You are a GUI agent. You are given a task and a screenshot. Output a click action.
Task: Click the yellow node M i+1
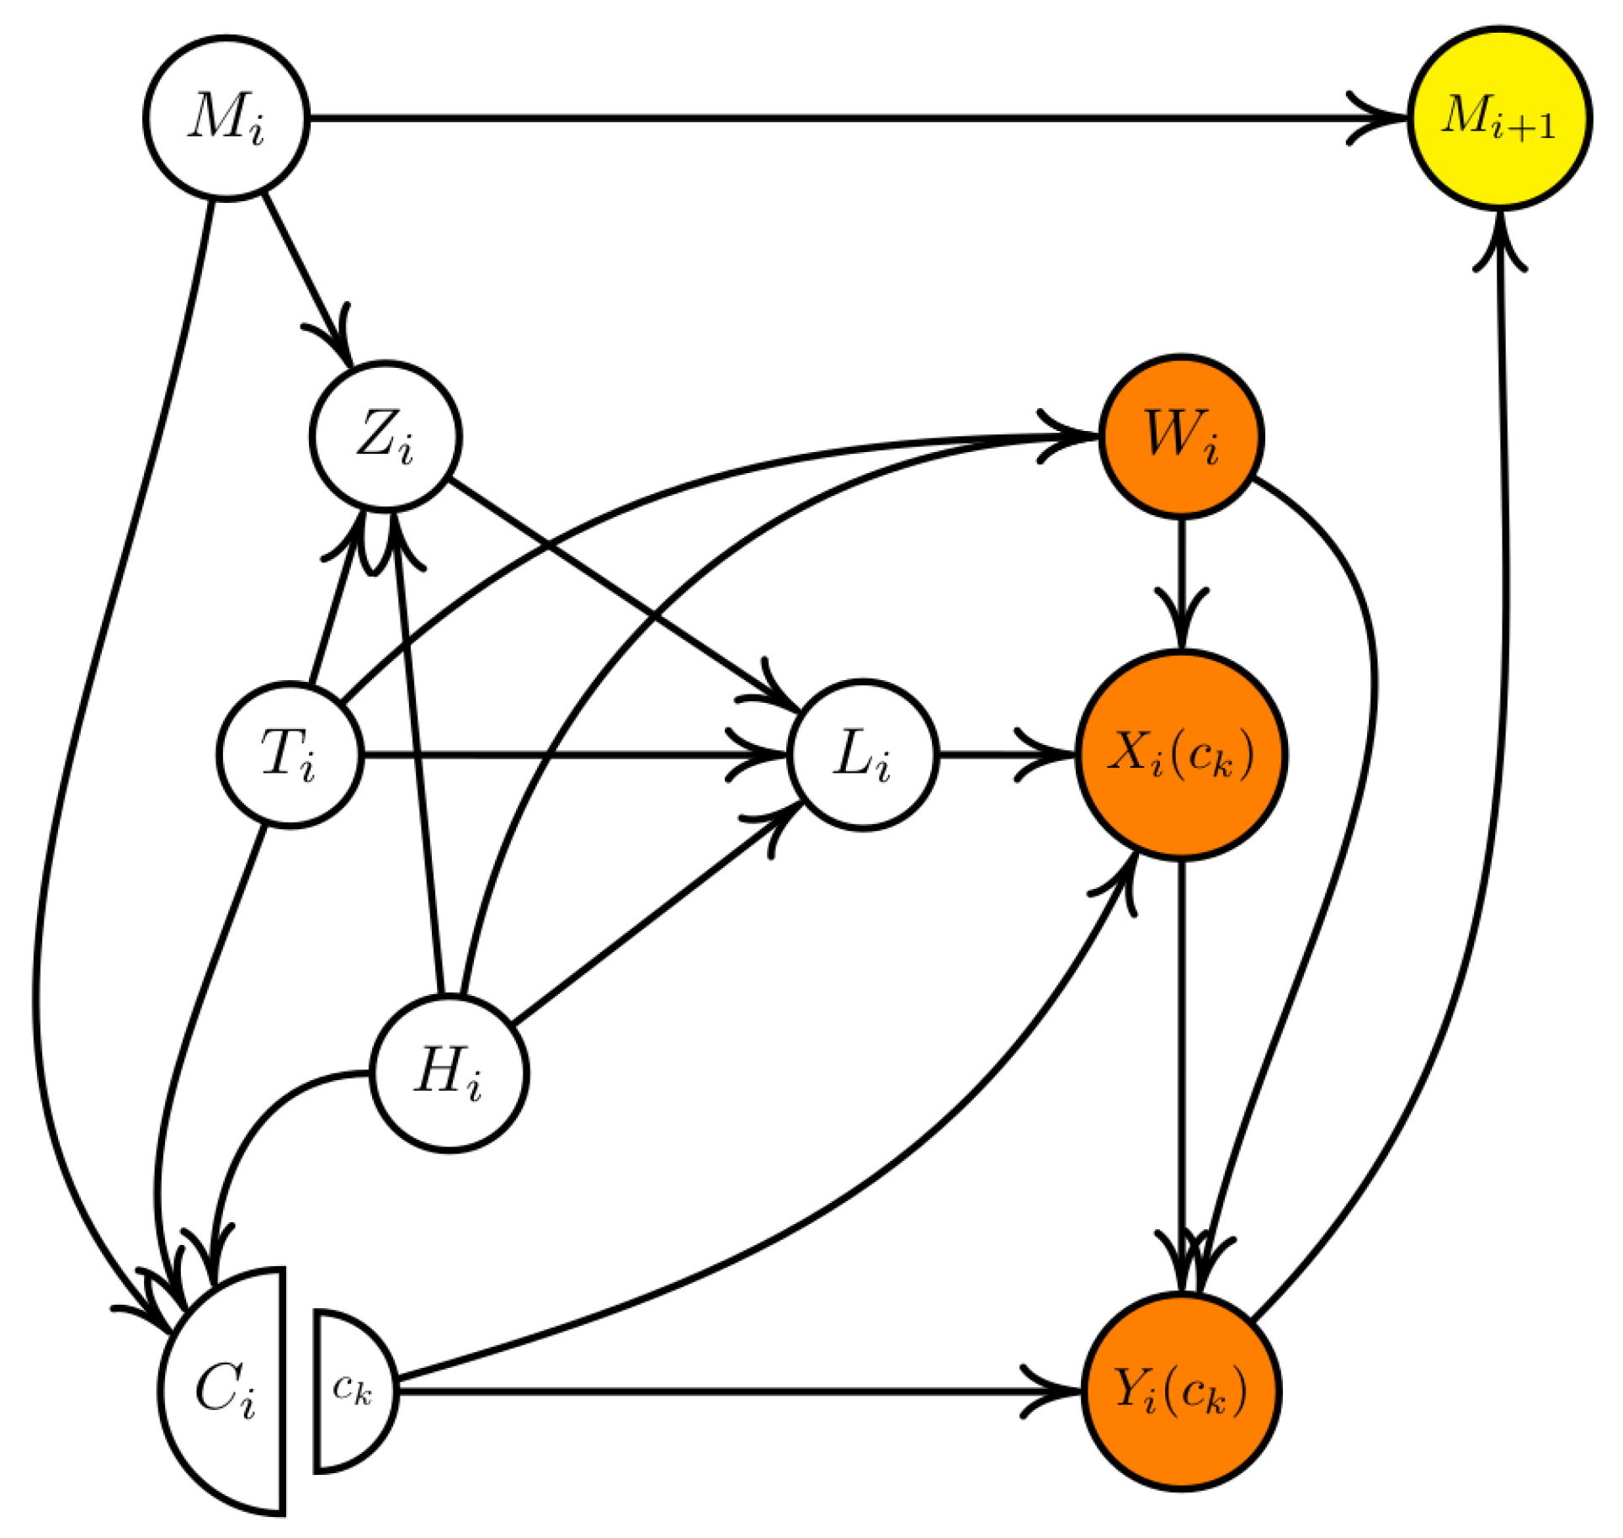click(x=1498, y=118)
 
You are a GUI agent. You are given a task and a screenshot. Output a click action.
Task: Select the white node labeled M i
click(x=226, y=118)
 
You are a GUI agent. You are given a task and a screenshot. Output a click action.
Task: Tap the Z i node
click(x=386, y=436)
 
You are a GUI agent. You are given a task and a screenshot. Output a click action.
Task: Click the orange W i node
click(x=1181, y=436)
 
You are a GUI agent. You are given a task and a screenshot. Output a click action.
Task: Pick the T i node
click(x=290, y=754)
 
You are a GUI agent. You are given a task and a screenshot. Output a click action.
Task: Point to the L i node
click(x=863, y=754)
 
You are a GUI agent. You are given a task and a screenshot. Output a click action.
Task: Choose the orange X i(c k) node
click(x=1181, y=754)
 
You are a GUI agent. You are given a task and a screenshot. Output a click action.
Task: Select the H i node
click(x=450, y=1073)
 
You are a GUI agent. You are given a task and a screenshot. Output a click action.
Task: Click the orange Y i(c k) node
click(x=1181, y=1392)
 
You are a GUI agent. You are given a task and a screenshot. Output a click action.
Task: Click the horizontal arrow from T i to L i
click(x=572, y=754)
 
